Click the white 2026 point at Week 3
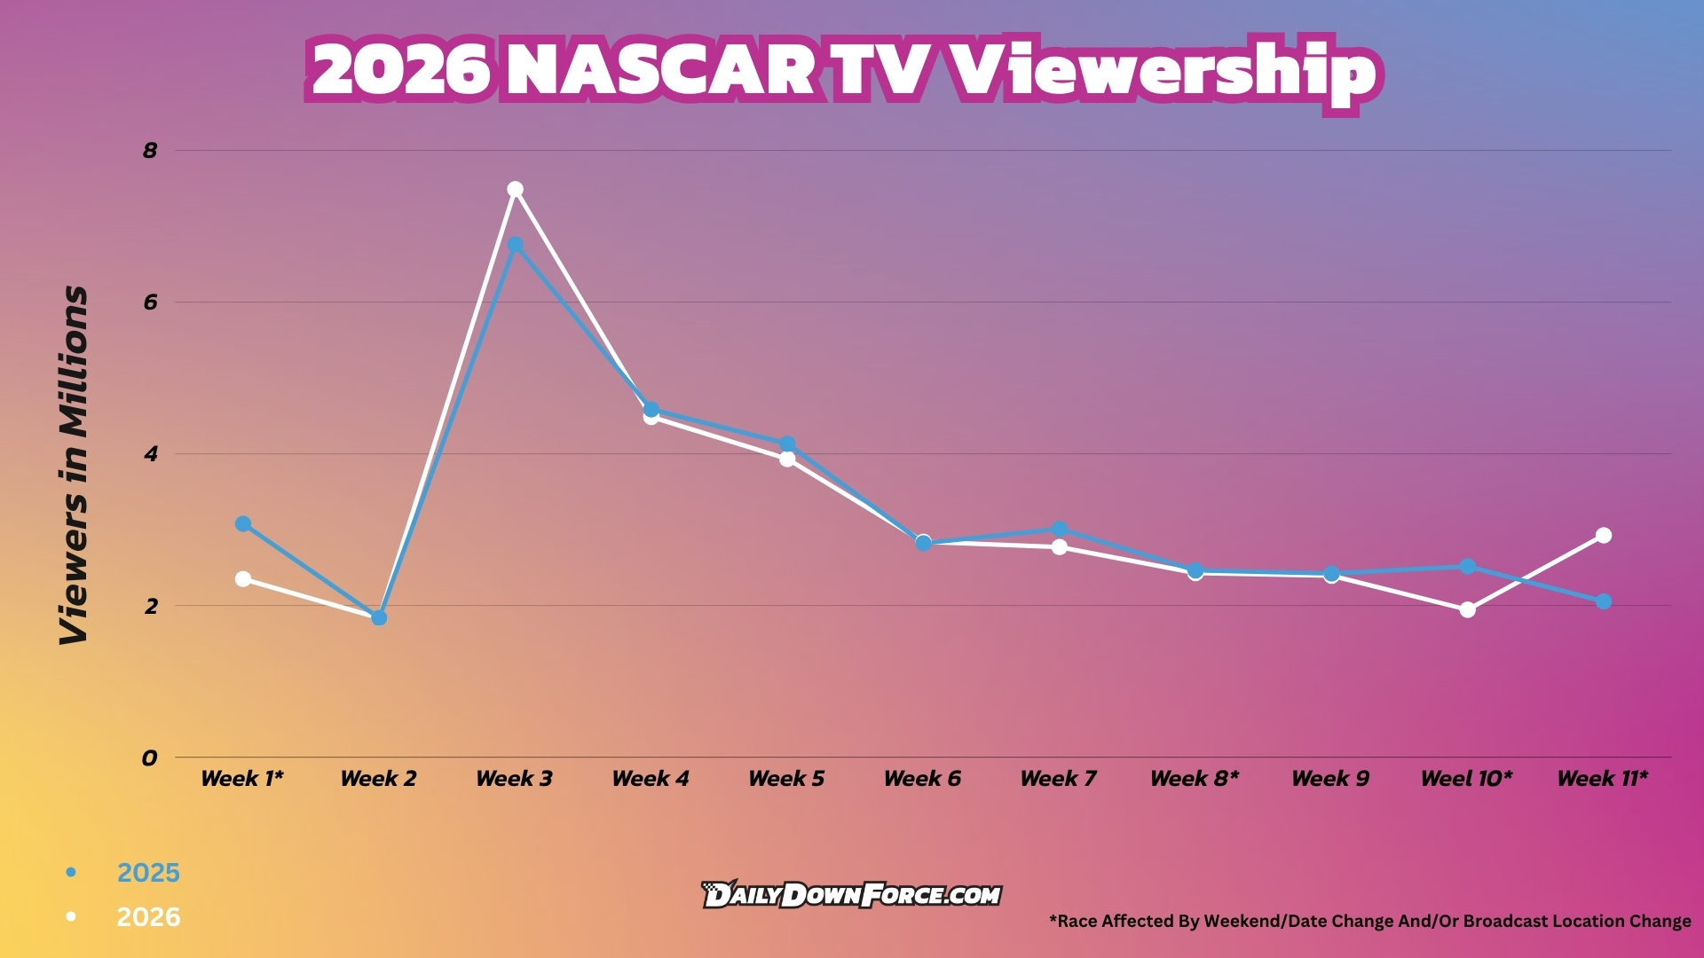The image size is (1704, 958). [x=515, y=189]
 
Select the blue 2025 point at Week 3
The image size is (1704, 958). [x=515, y=245]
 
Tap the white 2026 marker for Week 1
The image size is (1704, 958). [x=243, y=578]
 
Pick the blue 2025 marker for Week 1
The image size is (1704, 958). [x=243, y=524]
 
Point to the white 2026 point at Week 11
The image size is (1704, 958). [x=1603, y=535]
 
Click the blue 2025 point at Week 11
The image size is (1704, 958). [x=1603, y=601]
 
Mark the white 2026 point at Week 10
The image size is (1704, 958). [x=1467, y=609]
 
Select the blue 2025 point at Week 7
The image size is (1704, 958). [x=1059, y=530]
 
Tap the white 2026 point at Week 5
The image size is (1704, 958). [x=787, y=459]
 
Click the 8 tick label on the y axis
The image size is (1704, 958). [x=150, y=151]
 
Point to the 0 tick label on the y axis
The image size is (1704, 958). [x=149, y=758]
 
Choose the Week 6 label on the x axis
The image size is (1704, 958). [x=922, y=779]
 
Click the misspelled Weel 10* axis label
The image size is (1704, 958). [x=1466, y=779]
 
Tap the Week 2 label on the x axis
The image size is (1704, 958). [x=378, y=779]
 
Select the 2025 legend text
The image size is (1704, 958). [x=148, y=873]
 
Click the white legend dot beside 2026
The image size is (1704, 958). [x=71, y=916]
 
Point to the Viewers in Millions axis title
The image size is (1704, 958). [x=75, y=466]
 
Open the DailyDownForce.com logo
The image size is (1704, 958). [x=851, y=895]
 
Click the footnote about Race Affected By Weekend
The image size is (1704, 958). [x=1369, y=921]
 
